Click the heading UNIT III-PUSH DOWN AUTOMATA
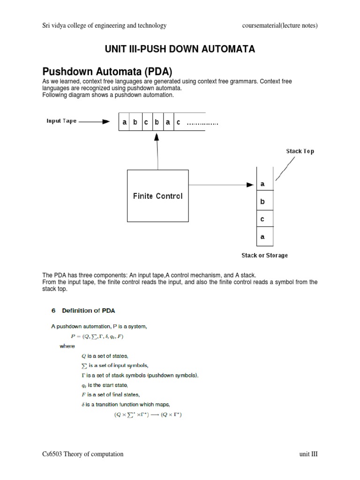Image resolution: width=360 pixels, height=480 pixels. click(180, 49)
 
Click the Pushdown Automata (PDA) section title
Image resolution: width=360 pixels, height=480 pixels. click(108, 72)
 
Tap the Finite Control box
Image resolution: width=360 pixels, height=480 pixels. click(158, 196)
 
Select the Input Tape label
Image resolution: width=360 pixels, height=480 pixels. click(61, 121)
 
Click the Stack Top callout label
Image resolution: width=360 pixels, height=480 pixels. click(300, 151)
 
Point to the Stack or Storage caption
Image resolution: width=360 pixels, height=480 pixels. click(264, 255)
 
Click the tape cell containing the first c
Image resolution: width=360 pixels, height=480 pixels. click(146, 122)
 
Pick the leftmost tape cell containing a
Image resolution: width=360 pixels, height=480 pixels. click(124, 122)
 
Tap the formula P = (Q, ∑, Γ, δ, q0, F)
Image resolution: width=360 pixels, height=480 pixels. click(97, 336)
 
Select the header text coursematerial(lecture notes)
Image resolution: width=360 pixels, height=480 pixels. click(283, 26)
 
